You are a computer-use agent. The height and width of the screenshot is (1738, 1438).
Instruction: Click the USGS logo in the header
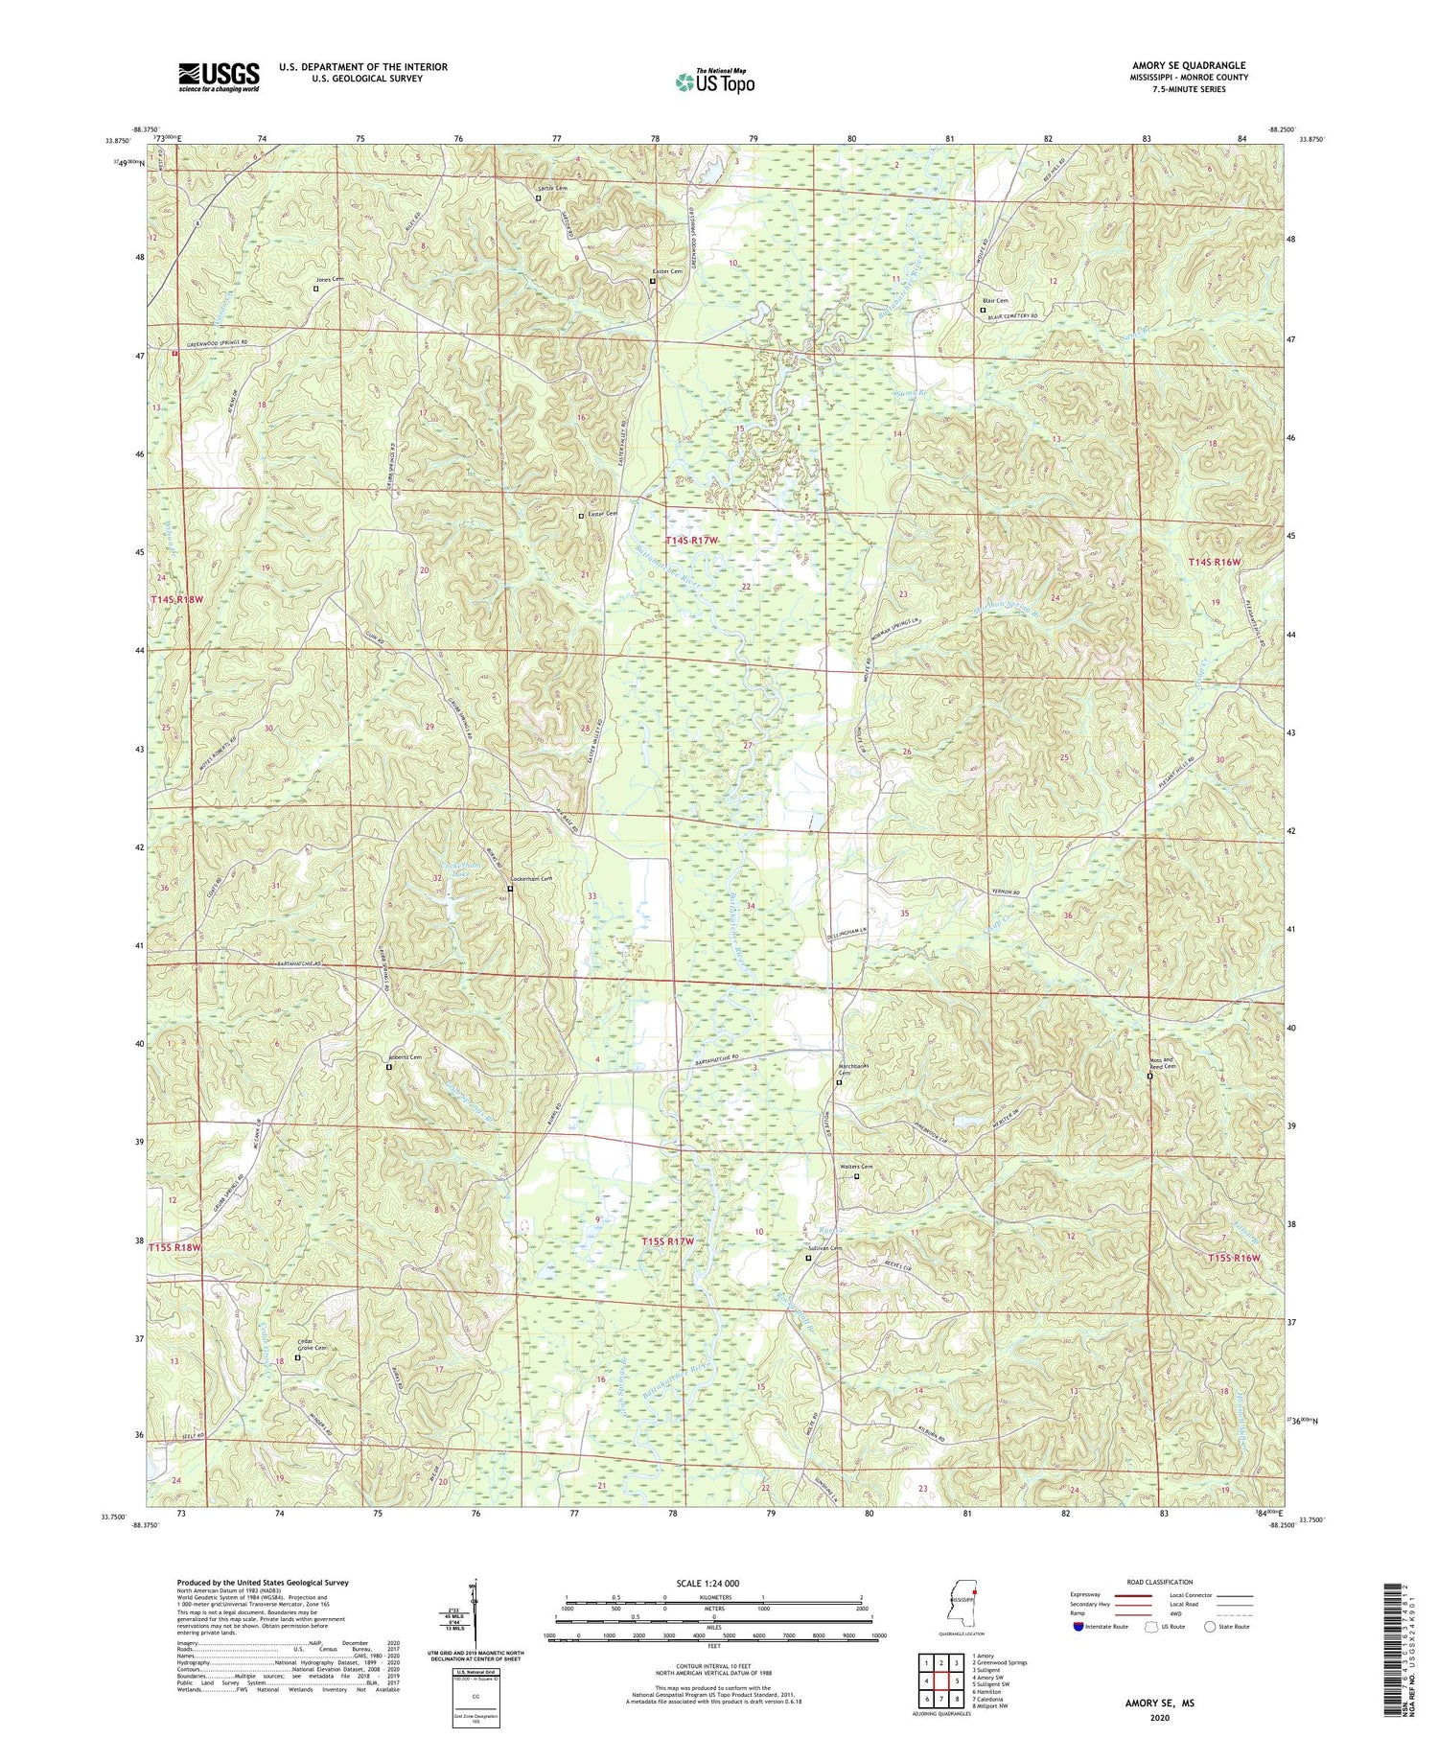[219, 76]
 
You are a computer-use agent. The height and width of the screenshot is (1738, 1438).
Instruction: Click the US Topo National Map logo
[715, 81]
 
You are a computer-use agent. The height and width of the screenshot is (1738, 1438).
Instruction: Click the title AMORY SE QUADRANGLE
[1188, 65]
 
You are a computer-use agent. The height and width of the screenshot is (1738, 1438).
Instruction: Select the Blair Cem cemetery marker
[982, 310]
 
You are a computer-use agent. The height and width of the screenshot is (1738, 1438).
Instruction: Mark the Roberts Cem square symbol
[388, 1066]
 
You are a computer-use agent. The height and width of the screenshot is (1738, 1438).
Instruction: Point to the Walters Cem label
[856, 1167]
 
